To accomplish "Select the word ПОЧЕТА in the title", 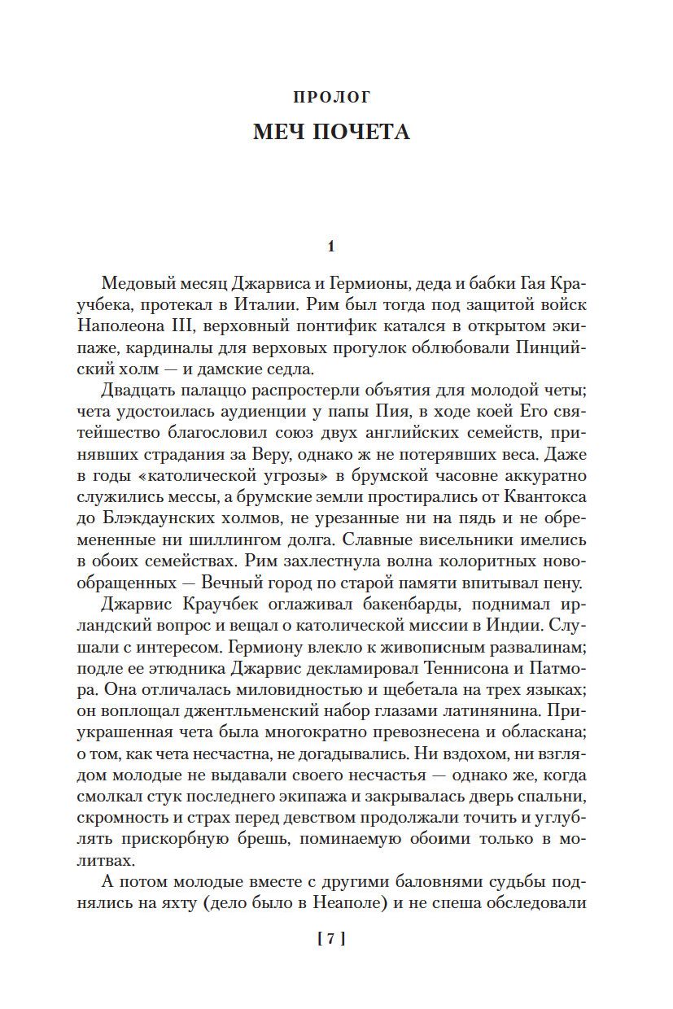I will click(x=362, y=132).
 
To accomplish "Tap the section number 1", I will click(x=330, y=246).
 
